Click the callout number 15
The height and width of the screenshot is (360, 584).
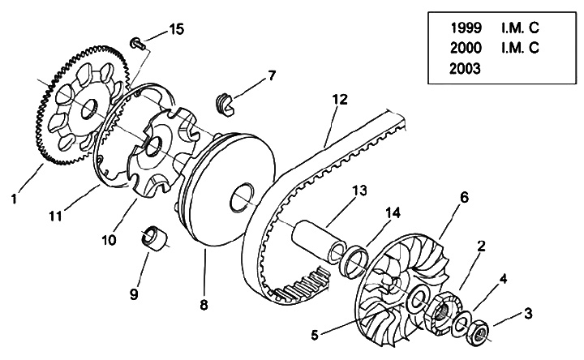click(177, 29)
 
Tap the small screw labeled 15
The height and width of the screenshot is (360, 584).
click(137, 43)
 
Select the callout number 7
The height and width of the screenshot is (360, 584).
click(272, 75)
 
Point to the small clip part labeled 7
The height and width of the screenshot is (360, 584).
click(225, 105)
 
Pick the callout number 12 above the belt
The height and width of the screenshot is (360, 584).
click(340, 100)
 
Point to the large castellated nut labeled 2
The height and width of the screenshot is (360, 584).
click(444, 310)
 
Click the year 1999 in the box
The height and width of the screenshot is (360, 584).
click(466, 28)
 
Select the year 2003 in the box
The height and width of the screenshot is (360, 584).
click(465, 69)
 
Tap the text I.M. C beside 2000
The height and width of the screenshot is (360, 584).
click(520, 48)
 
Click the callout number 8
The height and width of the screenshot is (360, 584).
click(204, 305)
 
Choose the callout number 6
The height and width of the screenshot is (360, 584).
click(464, 198)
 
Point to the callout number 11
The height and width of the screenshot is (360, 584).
click(55, 216)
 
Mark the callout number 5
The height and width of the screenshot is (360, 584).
click(315, 336)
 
